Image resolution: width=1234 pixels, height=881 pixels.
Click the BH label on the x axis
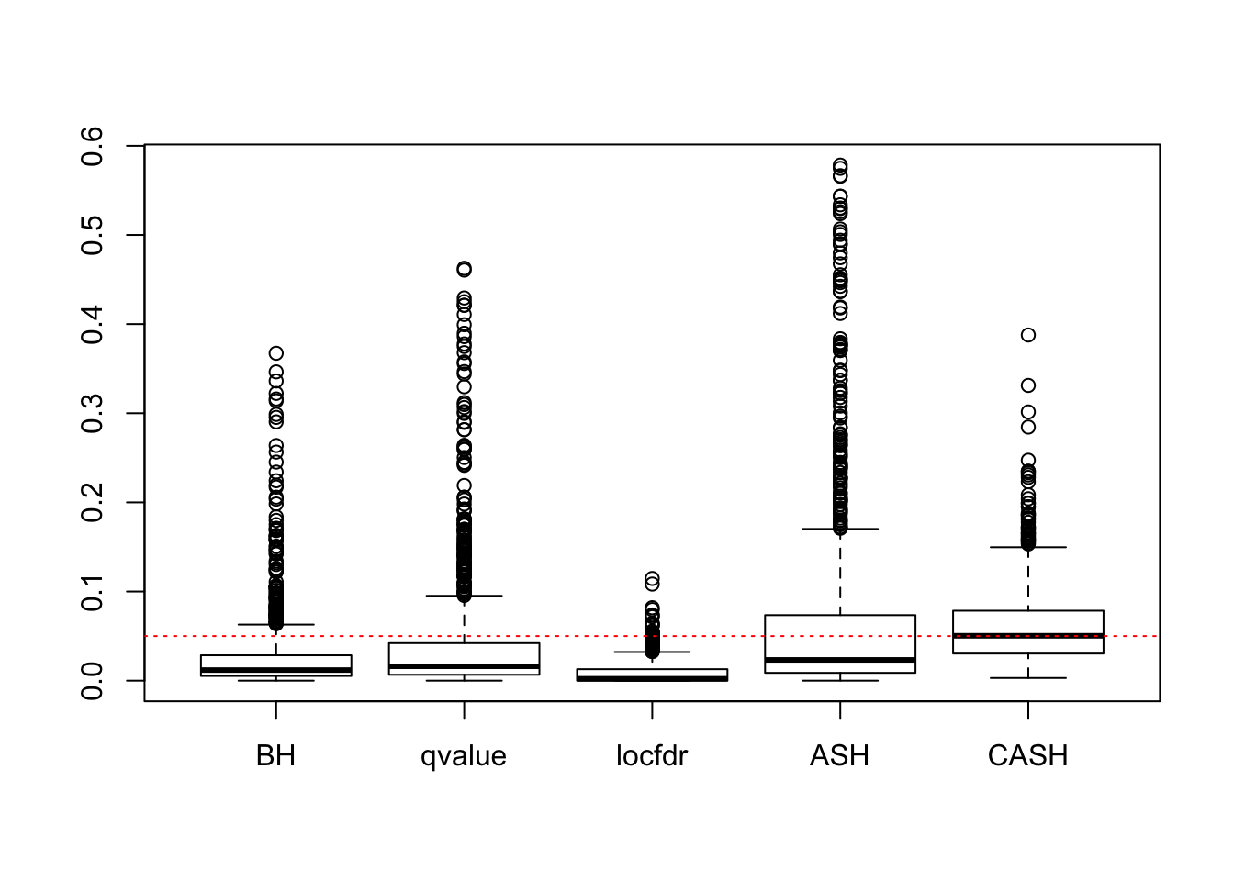[275, 756]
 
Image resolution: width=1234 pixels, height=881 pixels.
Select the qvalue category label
[464, 756]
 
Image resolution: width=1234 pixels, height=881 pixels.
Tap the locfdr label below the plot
[652, 756]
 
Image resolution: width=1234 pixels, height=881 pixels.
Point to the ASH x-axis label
[839, 756]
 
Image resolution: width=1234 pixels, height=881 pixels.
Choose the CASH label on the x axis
[1027, 756]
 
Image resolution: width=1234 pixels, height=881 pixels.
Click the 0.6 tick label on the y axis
[93, 146]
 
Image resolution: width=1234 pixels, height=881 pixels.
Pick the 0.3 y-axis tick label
[93, 413]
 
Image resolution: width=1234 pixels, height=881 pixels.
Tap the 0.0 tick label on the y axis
[93, 680]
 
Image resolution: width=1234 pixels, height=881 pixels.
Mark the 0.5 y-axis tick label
[93, 235]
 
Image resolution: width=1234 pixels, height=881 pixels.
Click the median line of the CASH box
[1027, 635]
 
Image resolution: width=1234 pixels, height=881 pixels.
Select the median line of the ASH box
[839, 660]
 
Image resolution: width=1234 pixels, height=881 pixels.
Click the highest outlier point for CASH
[1027, 335]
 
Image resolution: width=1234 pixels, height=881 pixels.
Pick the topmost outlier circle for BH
[275, 353]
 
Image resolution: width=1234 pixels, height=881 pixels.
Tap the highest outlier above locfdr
[652, 578]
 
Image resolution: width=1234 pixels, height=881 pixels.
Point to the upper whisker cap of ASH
[839, 529]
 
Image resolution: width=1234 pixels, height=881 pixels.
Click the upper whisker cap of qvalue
[464, 596]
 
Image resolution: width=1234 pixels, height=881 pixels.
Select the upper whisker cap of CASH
[1027, 547]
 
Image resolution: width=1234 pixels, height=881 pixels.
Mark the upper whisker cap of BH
[275, 624]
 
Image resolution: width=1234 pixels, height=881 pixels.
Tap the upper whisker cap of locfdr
[652, 652]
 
